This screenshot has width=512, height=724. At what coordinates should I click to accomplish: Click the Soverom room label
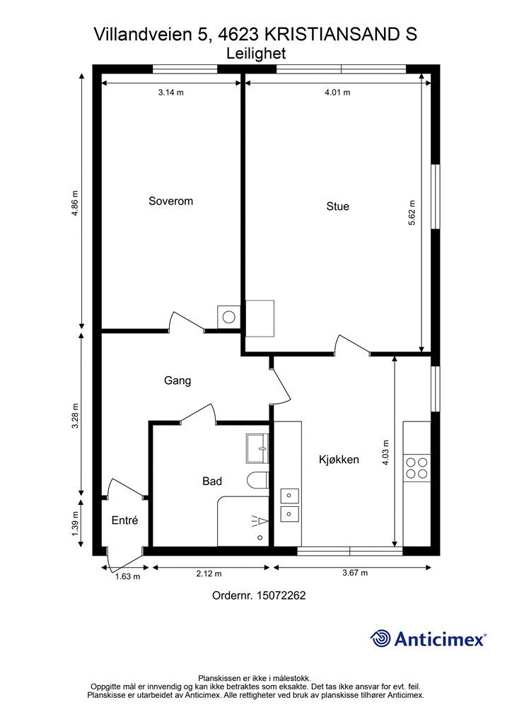170,202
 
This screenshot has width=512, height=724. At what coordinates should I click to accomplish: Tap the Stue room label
337,207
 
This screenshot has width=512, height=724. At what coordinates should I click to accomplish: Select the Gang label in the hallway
178,381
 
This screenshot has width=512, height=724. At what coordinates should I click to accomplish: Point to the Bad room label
212,481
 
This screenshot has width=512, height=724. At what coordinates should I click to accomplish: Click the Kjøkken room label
339,460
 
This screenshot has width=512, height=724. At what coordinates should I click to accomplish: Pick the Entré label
124,521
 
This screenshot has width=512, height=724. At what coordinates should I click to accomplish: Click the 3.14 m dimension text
170,93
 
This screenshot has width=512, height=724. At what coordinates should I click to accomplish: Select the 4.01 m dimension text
337,93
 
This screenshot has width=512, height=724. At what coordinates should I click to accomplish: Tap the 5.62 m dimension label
412,213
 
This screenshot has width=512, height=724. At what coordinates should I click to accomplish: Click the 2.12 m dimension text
209,573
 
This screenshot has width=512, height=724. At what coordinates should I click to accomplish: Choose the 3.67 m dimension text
355,573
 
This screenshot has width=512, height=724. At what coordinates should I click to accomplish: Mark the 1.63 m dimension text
128,576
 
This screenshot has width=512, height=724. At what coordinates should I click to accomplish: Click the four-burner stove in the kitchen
417,467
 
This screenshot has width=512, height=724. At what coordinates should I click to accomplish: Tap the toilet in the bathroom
257,481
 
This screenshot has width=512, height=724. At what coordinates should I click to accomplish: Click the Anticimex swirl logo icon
380,638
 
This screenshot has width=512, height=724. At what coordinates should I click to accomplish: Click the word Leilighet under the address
255,53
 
